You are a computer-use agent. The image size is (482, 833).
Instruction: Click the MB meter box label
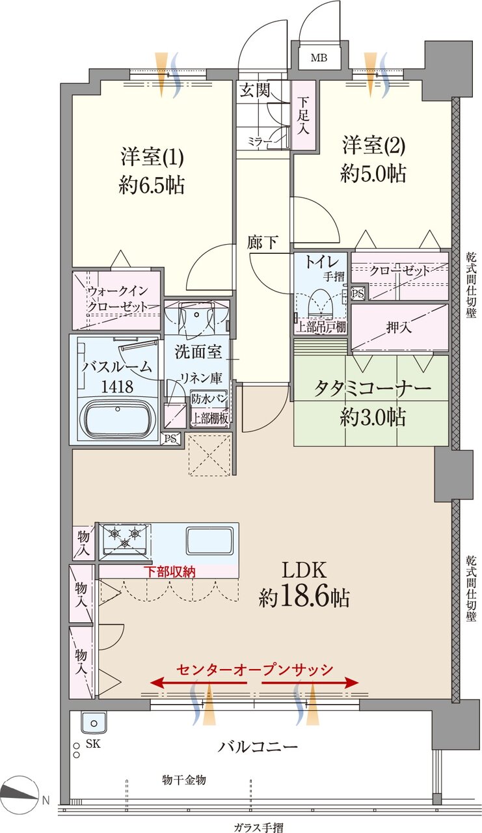click(318, 58)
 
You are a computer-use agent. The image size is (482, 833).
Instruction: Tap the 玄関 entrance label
click(254, 90)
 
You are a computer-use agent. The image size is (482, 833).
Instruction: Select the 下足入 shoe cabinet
click(303, 115)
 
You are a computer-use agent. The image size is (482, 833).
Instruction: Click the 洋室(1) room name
click(152, 157)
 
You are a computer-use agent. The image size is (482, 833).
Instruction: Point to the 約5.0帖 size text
click(373, 173)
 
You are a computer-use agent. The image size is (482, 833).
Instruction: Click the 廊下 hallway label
click(262, 243)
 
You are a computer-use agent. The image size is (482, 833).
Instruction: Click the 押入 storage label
click(399, 327)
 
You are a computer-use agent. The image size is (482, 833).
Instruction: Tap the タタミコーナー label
click(372, 389)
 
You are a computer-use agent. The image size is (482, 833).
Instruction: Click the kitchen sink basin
click(209, 539)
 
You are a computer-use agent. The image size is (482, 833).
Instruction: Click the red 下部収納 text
click(169, 571)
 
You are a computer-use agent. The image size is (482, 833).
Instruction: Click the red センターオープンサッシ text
click(254, 669)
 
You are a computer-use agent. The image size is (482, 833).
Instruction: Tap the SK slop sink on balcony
click(93, 722)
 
